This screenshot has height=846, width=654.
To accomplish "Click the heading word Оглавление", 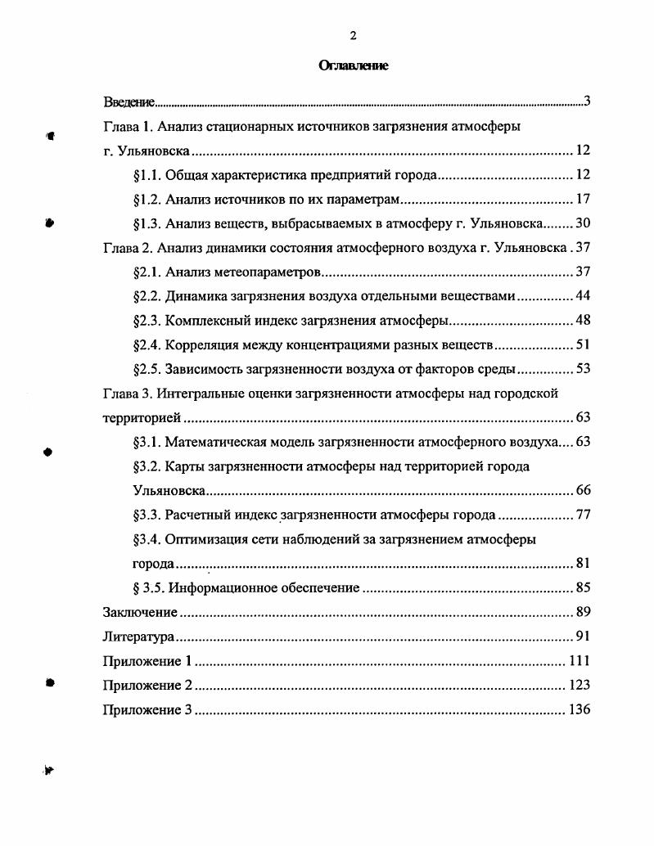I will point(353,66).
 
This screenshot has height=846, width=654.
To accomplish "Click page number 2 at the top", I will point(353,35).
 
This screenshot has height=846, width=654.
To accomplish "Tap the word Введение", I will point(129,102).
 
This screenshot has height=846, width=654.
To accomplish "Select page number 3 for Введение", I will point(587,101).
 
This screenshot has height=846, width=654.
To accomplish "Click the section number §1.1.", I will point(146,175).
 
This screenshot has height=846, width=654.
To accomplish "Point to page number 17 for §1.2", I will point(583,199).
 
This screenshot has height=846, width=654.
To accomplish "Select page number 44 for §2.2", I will point(583,295).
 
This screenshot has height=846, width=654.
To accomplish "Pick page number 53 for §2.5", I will point(583,368).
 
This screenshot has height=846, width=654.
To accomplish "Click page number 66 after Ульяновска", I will point(583,490).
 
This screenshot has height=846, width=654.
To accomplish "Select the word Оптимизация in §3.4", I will point(206,539).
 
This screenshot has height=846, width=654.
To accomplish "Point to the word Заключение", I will point(140,612).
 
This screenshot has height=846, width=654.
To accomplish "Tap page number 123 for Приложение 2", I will point(579,685).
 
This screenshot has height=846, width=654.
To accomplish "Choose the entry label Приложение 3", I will point(147,709).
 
